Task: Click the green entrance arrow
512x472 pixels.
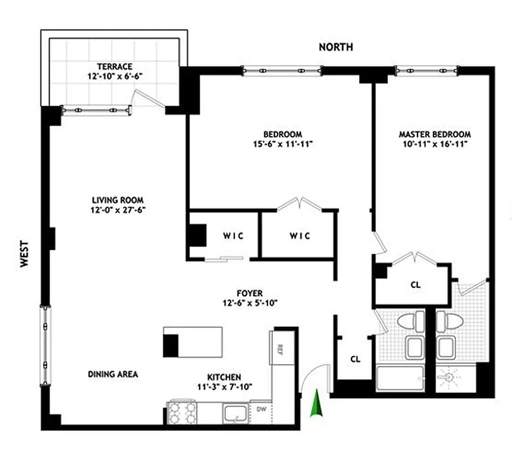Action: pyautogui.click(x=317, y=405)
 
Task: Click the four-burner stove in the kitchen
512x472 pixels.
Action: pyautogui.click(x=182, y=412)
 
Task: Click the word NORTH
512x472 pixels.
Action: pyautogui.click(x=336, y=47)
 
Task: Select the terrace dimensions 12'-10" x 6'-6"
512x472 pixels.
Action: pyautogui.click(x=115, y=77)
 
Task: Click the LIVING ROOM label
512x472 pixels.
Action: pyautogui.click(x=118, y=200)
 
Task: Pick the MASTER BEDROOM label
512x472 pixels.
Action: pyautogui.click(x=434, y=134)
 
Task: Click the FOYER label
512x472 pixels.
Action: pyautogui.click(x=250, y=293)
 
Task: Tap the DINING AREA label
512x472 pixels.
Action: pyautogui.click(x=113, y=374)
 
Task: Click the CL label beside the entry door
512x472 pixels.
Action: pyautogui.click(x=355, y=359)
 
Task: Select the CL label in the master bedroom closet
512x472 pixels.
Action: pyautogui.click(x=415, y=284)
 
